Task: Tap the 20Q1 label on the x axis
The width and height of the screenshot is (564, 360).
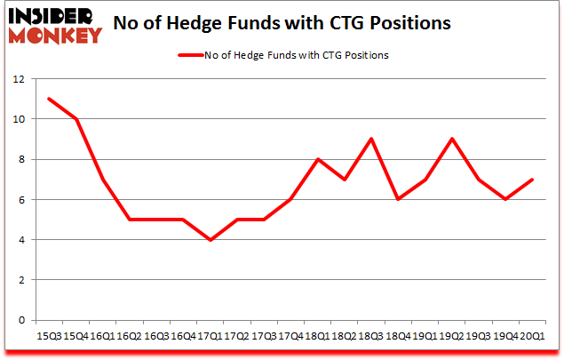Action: (534, 336)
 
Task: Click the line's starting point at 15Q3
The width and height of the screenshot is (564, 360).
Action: (48, 99)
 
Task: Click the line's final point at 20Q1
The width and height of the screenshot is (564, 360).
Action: (534, 179)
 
